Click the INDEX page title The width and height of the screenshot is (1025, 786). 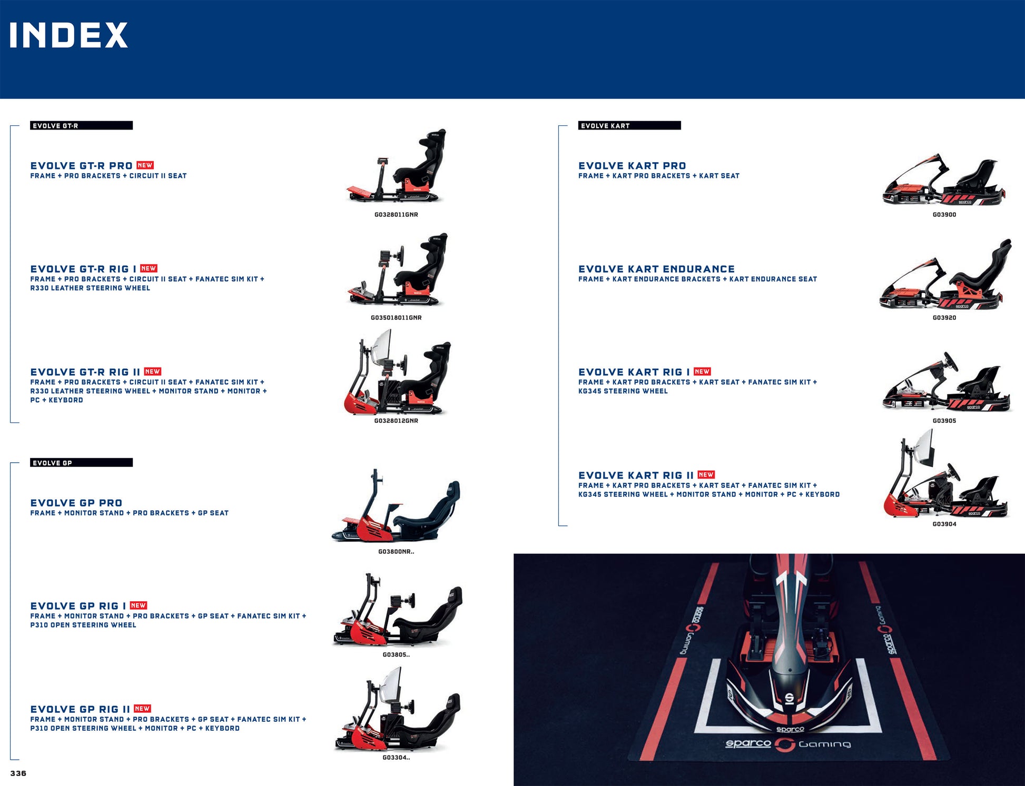(68, 35)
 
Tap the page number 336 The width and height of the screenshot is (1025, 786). (18, 773)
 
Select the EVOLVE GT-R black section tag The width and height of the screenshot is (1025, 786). (81, 125)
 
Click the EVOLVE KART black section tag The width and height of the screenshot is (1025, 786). (629, 125)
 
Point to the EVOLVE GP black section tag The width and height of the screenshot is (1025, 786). (81, 463)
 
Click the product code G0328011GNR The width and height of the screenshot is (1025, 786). (396, 215)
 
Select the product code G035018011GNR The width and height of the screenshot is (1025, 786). (396, 318)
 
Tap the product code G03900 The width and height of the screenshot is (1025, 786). (944, 215)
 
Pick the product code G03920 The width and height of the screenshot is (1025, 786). (944, 318)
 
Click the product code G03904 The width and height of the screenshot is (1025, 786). (944, 524)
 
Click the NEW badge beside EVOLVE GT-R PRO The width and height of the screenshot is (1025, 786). (145, 165)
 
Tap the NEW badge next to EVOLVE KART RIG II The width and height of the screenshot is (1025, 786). (706, 475)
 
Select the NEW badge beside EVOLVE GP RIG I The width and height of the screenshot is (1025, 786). (138, 605)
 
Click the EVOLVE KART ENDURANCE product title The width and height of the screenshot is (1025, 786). (656, 269)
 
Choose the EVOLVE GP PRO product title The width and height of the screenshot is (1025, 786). (76, 503)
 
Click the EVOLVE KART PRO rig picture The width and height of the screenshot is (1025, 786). (944, 181)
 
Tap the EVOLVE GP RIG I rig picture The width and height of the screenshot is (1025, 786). (398, 611)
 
